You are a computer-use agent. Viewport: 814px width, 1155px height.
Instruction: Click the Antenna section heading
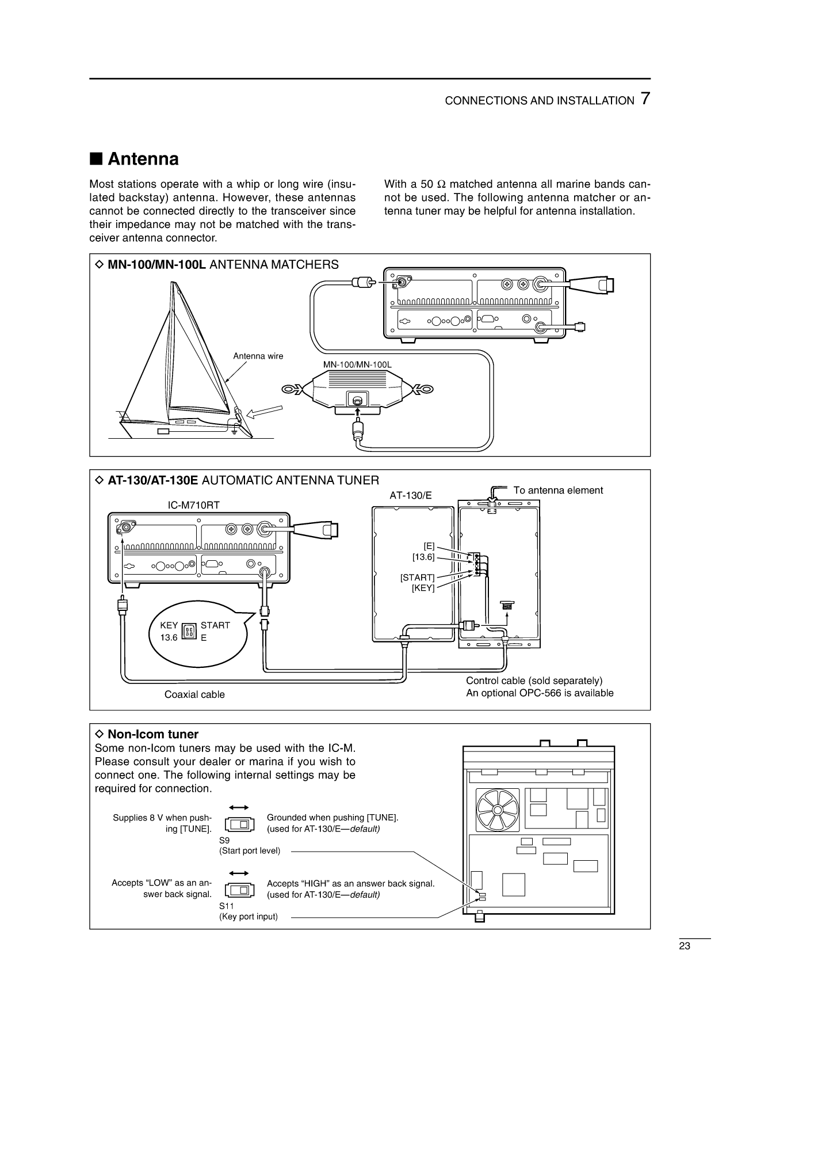click(143, 159)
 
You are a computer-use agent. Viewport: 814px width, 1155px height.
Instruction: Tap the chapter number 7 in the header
click(645, 99)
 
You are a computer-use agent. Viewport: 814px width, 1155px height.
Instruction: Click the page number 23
click(684, 945)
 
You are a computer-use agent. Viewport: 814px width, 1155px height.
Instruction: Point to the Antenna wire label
click(258, 356)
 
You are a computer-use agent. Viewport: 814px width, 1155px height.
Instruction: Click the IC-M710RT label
click(193, 505)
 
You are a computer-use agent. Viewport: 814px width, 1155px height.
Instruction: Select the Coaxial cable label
click(194, 694)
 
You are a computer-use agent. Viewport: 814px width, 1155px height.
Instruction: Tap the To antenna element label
click(557, 490)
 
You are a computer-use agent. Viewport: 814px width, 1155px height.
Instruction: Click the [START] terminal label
click(417, 577)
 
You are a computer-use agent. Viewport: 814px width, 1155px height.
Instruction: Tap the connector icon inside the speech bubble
click(189, 632)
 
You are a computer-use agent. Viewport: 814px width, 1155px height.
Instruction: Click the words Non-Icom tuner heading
click(152, 734)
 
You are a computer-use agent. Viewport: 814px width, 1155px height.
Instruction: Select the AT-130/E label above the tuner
click(410, 495)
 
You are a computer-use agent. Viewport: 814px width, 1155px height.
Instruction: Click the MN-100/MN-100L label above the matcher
click(357, 364)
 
